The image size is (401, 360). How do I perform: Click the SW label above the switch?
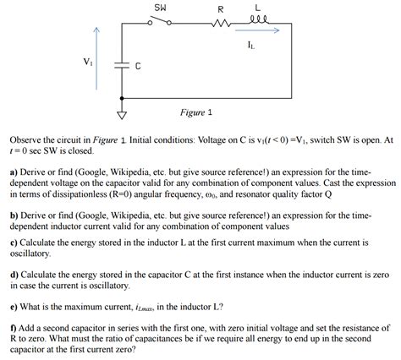pos(160,7)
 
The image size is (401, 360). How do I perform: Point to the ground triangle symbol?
pos(121,116)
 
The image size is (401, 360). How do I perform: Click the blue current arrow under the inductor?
pos(258,32)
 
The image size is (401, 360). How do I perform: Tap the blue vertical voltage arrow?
pos(97,63)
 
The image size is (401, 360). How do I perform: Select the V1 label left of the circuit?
pos(88,61)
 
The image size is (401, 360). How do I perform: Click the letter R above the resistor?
pos(220,8)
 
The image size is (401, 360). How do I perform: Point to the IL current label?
pos(254,44)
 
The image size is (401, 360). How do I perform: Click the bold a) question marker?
pos(14,169)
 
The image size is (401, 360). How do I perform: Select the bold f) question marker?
pos(14,325)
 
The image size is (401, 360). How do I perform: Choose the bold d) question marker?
pos(14,274)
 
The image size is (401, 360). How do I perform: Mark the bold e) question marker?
pos(14,306)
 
